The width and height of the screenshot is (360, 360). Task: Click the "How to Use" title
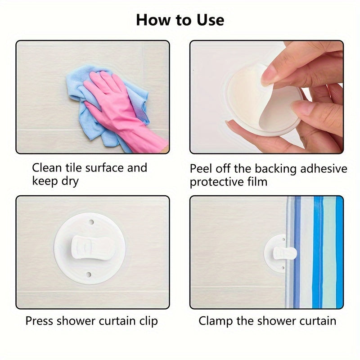click(180, 20)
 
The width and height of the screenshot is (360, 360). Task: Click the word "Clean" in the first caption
click(47, 167)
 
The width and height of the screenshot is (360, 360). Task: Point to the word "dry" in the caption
click(70, 181)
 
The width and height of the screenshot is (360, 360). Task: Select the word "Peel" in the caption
click(201, 169)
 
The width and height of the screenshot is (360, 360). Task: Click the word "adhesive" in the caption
click(324, 169)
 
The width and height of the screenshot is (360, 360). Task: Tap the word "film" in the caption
click(257, 182)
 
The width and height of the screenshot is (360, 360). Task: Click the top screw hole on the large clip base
click(91, 222)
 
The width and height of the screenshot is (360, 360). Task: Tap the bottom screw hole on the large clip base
click(89, 274)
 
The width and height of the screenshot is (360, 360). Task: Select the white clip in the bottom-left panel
click(93, 249)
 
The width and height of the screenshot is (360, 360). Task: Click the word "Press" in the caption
click(39, 321)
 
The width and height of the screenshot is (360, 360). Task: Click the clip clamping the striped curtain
click(285, 253)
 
